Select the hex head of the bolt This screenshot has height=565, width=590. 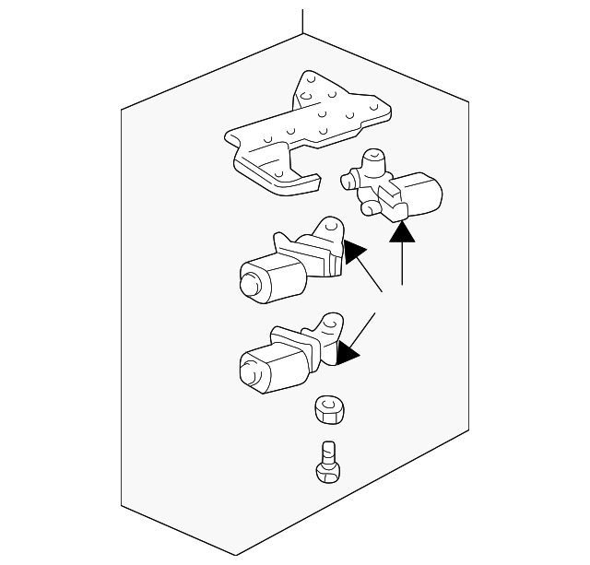324,472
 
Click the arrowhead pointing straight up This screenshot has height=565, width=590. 402,234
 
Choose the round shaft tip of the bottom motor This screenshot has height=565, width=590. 247,371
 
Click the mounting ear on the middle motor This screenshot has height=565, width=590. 327,230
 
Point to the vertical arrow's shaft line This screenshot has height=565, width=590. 402,267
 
